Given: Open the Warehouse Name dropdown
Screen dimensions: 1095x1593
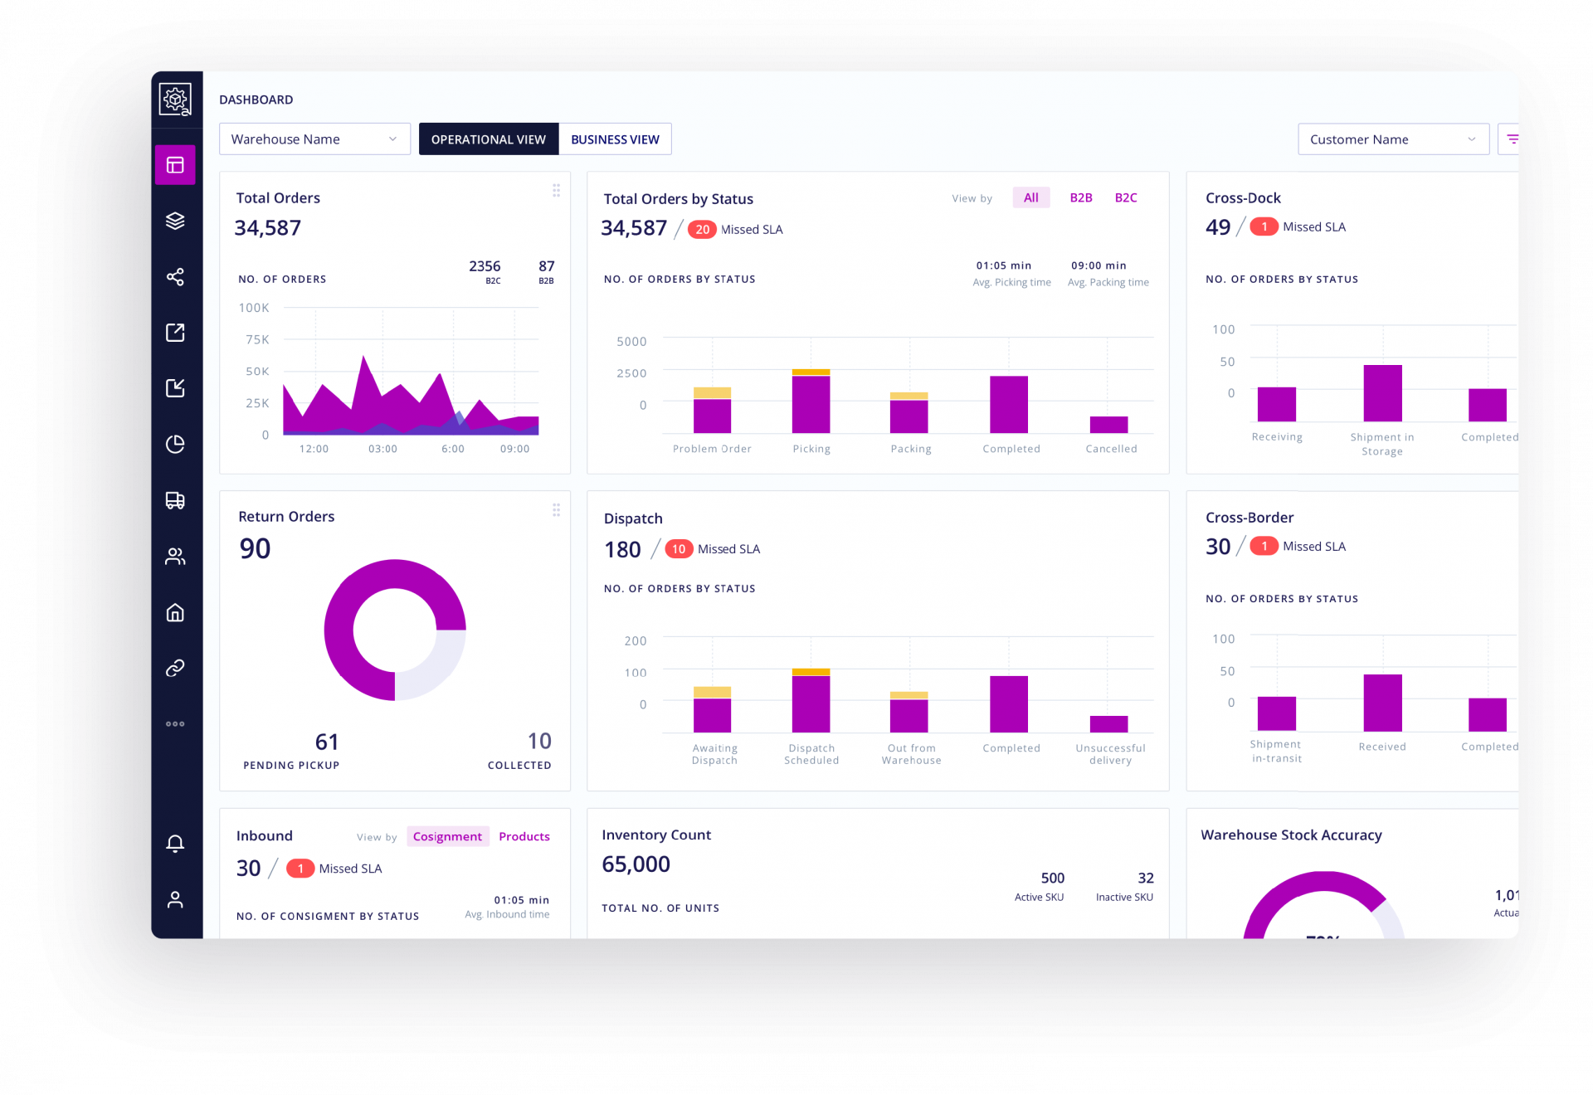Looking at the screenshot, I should [314, 139].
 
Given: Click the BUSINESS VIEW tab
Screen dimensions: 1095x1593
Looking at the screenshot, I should [615, 139].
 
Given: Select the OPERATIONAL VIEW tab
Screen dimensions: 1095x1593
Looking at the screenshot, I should [488, 139].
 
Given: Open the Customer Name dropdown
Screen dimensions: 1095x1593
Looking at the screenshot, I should [1392, 139].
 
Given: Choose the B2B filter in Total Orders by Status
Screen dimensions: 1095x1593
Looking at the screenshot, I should [1080, 197].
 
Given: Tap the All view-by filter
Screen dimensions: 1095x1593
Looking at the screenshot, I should [1030, 197].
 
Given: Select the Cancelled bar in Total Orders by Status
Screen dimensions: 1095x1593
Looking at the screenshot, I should [1108, 425].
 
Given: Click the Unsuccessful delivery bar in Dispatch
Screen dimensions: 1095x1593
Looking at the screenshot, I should [1108, 724].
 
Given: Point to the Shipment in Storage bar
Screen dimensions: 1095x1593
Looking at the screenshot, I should [1382, 394].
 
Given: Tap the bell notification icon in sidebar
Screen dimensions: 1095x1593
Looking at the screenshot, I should [175, 844].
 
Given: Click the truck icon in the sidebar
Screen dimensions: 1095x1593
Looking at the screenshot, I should [175, 500].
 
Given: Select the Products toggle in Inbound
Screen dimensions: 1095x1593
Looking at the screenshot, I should [524, 836].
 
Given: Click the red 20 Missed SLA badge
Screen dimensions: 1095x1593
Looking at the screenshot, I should [702, 230].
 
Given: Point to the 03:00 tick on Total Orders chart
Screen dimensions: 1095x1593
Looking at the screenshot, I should [382, 449].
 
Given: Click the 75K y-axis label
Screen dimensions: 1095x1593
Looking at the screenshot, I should [257, 339].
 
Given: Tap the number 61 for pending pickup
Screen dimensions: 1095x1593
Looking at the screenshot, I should [327, 742].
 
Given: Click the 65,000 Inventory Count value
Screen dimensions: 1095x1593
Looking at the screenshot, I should [636, 864].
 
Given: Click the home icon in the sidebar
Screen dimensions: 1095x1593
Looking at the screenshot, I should [175, 612].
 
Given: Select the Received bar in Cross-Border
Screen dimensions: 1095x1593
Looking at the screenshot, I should [1382, 703].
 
